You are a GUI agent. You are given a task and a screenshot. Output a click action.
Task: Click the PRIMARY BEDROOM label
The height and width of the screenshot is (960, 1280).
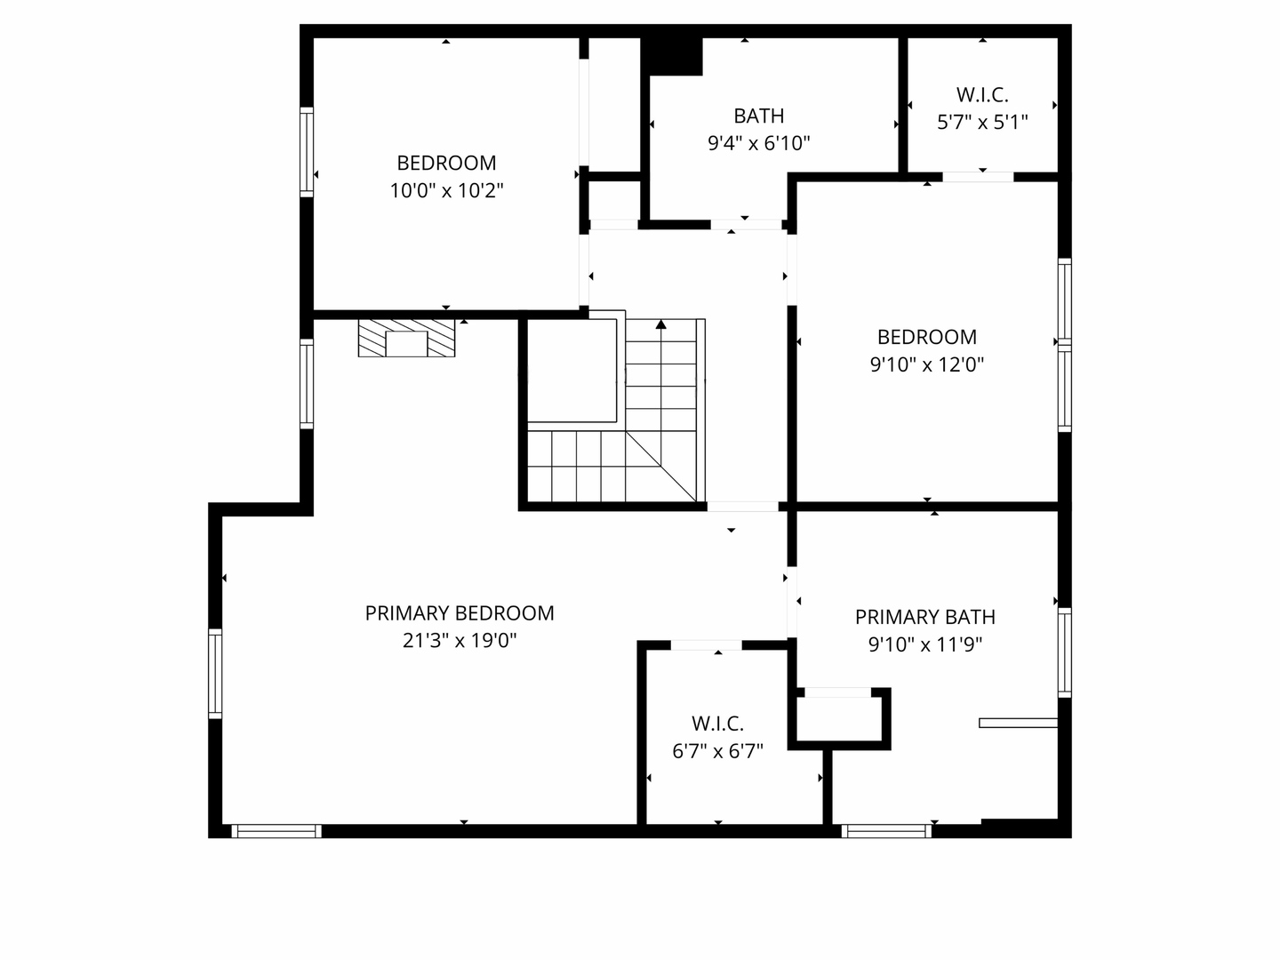point(460,613)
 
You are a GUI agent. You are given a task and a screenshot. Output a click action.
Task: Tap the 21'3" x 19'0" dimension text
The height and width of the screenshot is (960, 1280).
point(460,641)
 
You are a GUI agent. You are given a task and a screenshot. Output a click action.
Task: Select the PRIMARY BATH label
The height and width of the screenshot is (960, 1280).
point(924,617)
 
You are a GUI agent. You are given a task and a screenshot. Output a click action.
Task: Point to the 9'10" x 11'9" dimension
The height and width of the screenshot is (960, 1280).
point(924,644)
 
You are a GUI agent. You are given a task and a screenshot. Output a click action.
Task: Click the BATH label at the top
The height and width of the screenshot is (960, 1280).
point(759,116)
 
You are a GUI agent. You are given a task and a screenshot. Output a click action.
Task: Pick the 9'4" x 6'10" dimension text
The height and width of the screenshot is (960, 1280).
point(759,143)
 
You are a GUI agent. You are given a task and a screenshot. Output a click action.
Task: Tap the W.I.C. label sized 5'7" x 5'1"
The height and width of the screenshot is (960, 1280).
point(982,94)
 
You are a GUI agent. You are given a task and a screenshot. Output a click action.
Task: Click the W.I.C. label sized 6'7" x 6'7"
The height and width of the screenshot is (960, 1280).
point(717,724)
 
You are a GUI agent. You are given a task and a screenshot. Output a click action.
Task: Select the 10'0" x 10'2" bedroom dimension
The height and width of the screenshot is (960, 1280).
point(446,190)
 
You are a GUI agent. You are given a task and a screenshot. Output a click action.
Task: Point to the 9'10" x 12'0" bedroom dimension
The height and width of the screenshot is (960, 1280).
point(926,364)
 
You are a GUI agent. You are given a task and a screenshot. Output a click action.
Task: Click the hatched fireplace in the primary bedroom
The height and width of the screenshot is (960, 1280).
point(406,338)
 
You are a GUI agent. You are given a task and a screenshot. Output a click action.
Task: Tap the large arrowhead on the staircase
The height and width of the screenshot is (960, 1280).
point(660,324)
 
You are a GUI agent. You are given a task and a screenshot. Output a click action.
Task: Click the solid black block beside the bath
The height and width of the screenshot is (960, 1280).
point(672,57)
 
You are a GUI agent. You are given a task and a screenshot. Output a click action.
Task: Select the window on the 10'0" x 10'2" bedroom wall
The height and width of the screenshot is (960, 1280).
point(307,152)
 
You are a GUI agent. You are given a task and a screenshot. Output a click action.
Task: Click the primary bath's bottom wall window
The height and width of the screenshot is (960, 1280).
point(886,831)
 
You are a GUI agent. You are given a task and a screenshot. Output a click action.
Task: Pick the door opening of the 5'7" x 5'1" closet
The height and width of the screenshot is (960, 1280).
point(978,177)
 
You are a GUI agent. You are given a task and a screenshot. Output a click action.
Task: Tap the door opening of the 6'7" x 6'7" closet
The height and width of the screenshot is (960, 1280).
point(706,645)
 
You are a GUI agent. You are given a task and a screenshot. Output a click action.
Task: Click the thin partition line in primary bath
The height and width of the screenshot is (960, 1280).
point(1018,723)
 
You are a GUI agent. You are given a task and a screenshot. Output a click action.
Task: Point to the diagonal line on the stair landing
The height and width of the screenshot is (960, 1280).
point(660,466)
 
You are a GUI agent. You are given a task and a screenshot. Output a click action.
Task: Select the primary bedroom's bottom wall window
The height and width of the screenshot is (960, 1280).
point(276,831)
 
